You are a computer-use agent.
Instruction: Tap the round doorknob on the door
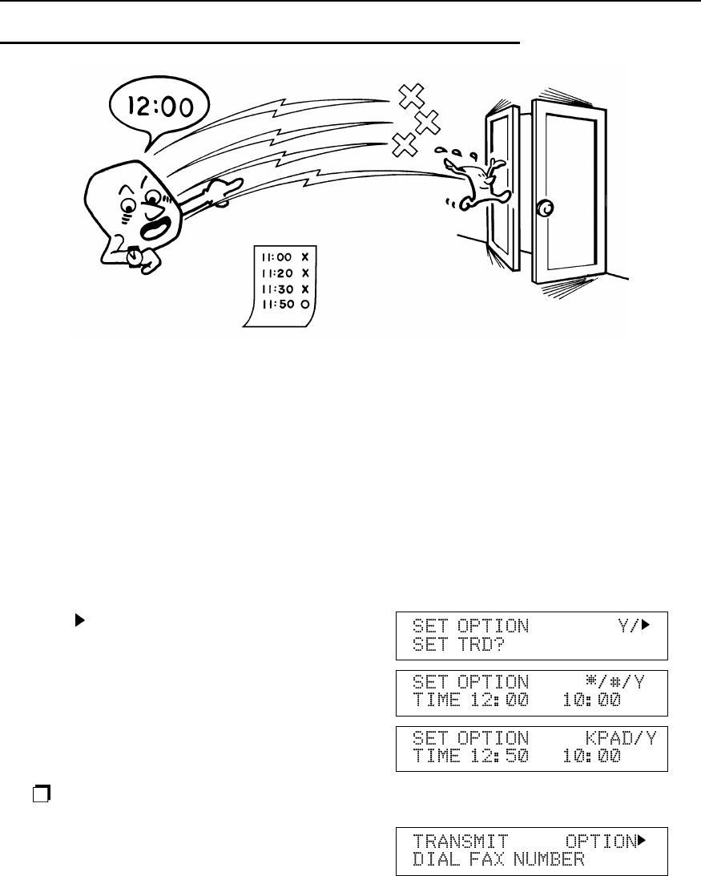coord(545,208)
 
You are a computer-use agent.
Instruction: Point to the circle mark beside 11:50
coord(305,305)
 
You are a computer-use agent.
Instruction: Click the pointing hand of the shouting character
coord(220,191)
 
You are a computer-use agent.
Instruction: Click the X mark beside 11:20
coord(305,273)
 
